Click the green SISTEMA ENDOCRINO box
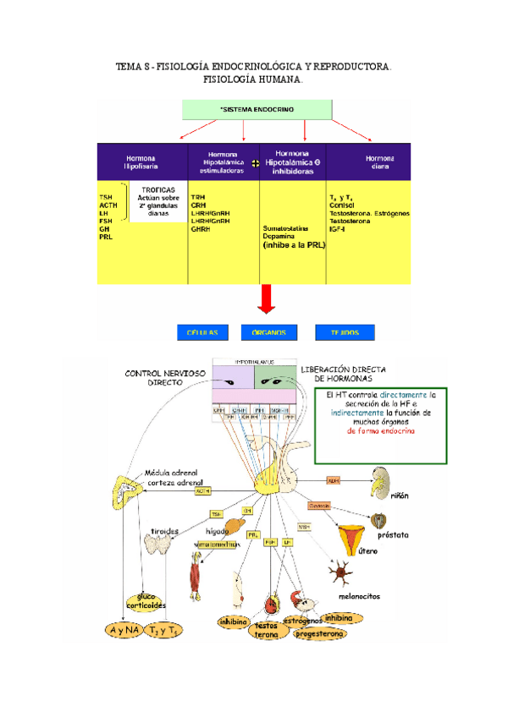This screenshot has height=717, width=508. pos(255,109)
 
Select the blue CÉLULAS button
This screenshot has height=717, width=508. pos(202,332)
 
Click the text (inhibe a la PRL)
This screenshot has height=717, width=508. pos(294,245)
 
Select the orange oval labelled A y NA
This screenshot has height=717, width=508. pos(123,630)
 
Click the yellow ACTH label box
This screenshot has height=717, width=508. pos(202,490)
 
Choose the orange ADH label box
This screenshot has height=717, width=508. pos(333,480)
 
